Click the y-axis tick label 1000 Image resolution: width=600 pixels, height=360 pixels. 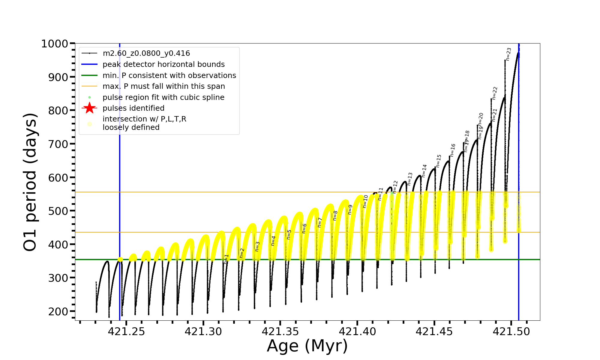coord(55,44)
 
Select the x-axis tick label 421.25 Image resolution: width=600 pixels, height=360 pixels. coord(126,331)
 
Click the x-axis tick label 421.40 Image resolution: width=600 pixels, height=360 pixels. coord(357,331)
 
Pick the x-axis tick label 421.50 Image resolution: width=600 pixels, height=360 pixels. coord(511,331)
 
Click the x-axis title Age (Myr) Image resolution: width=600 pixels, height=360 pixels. coord(307,346)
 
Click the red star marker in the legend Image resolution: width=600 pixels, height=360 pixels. coord(89,108)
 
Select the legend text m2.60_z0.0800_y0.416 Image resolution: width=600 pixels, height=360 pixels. coord(146,53)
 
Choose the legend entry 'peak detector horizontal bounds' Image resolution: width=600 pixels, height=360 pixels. coord(163,64)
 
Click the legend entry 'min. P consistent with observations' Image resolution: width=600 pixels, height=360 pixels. coord(169,75)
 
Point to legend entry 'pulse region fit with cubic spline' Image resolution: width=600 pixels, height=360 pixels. coord(163,97)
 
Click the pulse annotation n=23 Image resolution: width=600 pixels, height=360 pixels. coord(508,54)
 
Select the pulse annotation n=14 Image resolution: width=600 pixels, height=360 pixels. coord(424,170)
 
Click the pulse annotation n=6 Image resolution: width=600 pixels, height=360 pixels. coord(304,228)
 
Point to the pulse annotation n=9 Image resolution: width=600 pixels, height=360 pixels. coord(350,210)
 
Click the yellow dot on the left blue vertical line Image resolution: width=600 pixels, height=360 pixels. coord(120,259)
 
